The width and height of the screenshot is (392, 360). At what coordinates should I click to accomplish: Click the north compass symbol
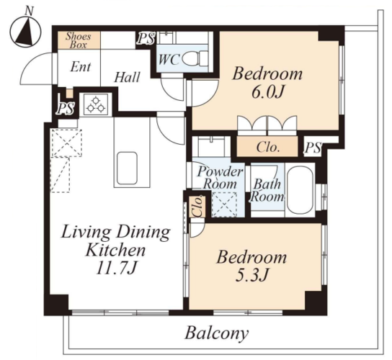pyautogui.click(x=25, y=32)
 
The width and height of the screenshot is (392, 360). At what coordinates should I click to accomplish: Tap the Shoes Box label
pyautogui.click(x=78, y=40)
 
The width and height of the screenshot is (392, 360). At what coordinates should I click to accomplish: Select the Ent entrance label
pyautogui.click(x=81, y=67)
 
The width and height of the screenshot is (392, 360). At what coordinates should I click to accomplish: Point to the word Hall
pyautogui.click(x=127, y=77)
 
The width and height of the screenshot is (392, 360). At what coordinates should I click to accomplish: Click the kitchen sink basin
pyautogui.click(x=127, y=168)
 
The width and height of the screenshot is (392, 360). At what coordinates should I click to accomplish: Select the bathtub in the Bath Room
pyautogui.click(x=300, y=190)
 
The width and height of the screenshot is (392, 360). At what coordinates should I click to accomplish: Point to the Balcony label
pyautogui.click(x=217, y=333)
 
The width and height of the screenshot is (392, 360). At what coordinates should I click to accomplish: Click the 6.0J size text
pyautogui.click(x=267, y=92)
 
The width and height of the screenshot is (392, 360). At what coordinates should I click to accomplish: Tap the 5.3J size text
pyautogui.click(x=251, y=275)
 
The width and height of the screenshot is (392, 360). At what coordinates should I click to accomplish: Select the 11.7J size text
pyautogui.click(x=117, y=269)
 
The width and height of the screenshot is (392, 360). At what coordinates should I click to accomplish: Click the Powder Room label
pyautogui.click(x=220, y=178)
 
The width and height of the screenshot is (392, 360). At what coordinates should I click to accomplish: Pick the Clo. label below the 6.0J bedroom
pyautogui.click(x=267, y=147)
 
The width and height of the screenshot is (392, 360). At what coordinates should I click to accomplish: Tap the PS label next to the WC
pyautogui.click(x=146, y=39)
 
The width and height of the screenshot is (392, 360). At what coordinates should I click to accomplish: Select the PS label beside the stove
pyautogui.click(x=66, y=109)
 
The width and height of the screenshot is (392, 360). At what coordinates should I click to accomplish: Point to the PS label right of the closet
pyautogui.click(x=313, y=148)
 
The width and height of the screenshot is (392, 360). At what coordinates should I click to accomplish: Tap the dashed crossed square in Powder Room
pyautogui.click(x=224, y=204)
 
